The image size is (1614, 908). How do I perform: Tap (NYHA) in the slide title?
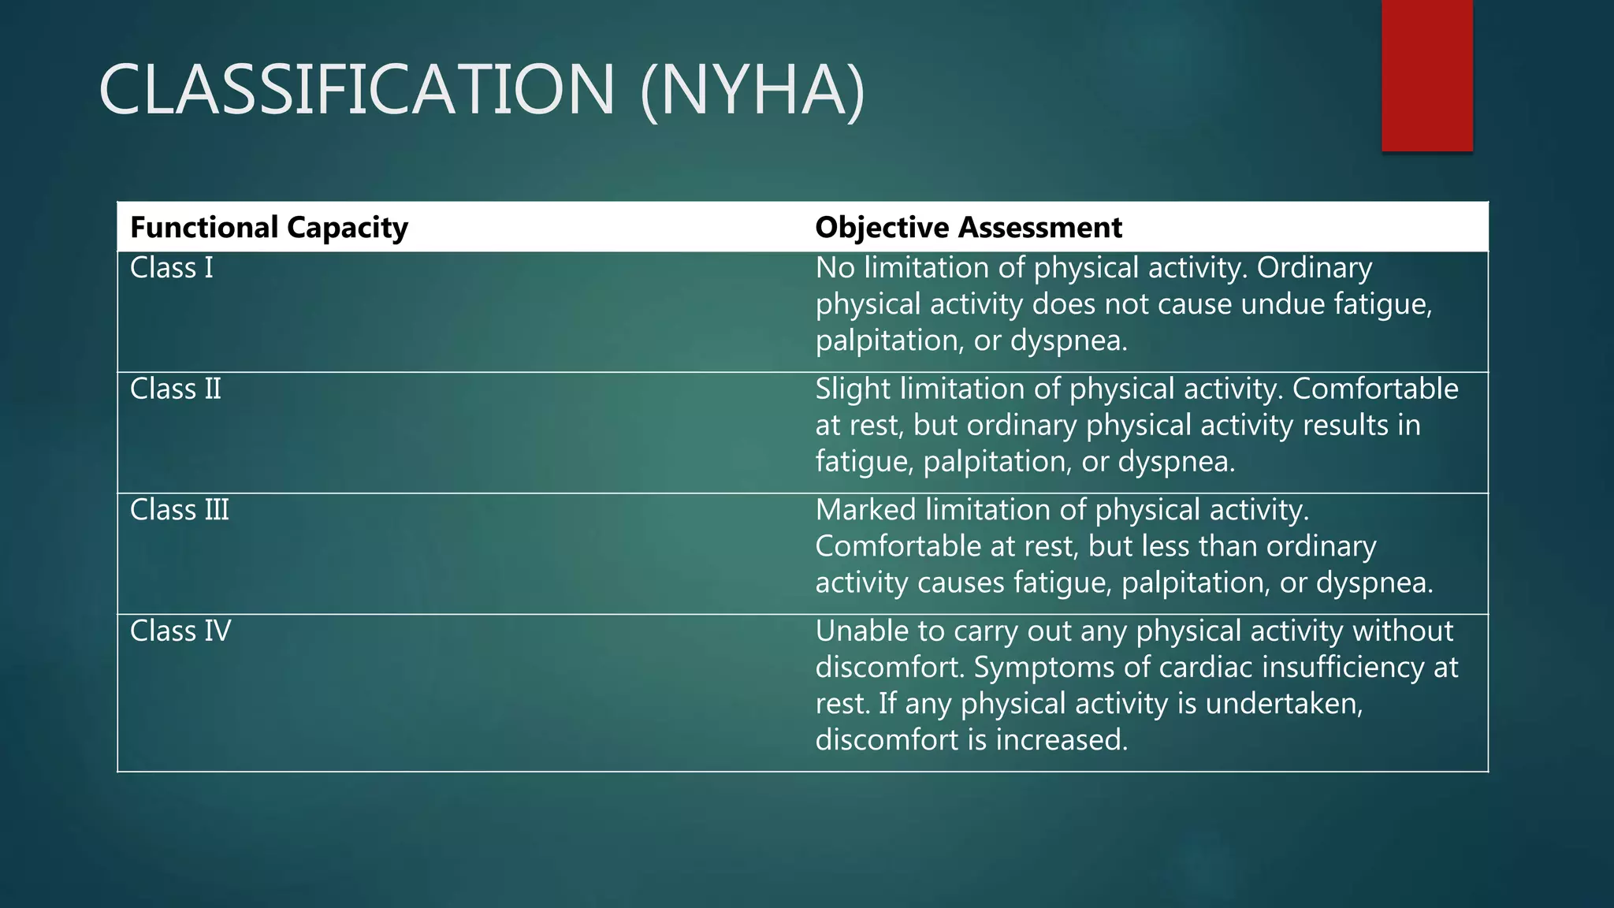pos(753,91)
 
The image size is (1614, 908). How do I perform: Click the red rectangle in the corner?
pos(1426,76)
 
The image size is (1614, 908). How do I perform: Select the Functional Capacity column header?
pos(269,228)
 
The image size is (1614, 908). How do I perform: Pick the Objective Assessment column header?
pos(968,228)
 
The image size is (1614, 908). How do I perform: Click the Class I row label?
pos(171,269)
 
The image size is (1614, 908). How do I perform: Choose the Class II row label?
pos(175,389)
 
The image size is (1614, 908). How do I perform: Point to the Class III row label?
pos(179,511)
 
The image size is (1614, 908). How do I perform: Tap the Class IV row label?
pos(180,631)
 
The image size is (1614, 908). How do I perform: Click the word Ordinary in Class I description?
pos(1314,269)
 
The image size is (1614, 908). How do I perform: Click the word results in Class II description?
pos(1345,426)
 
